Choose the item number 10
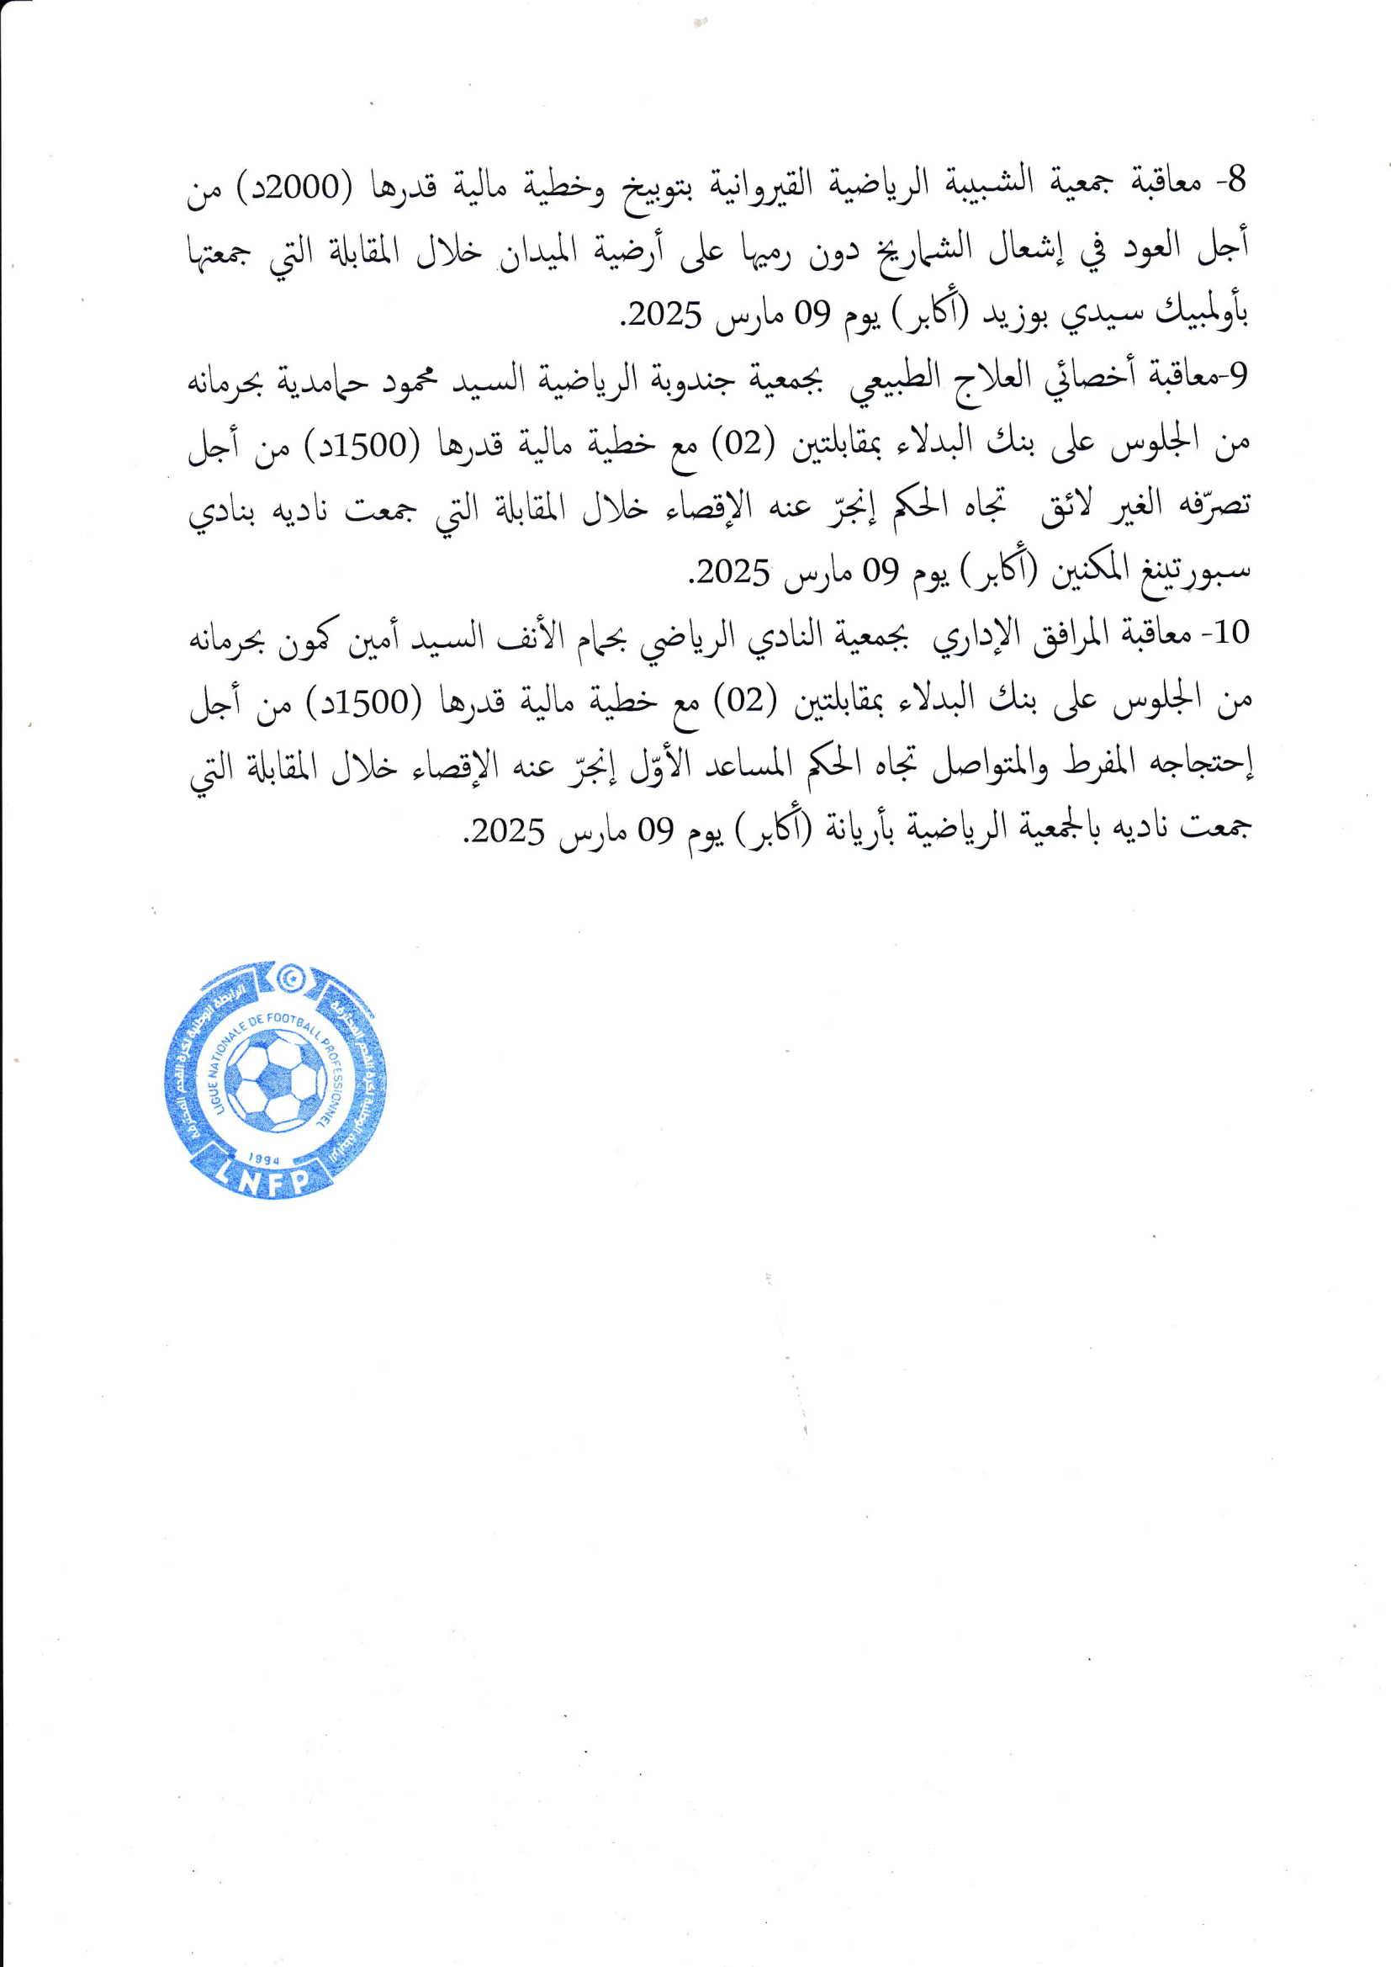tap(1233, 634)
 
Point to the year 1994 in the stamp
tap(264, 1158)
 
